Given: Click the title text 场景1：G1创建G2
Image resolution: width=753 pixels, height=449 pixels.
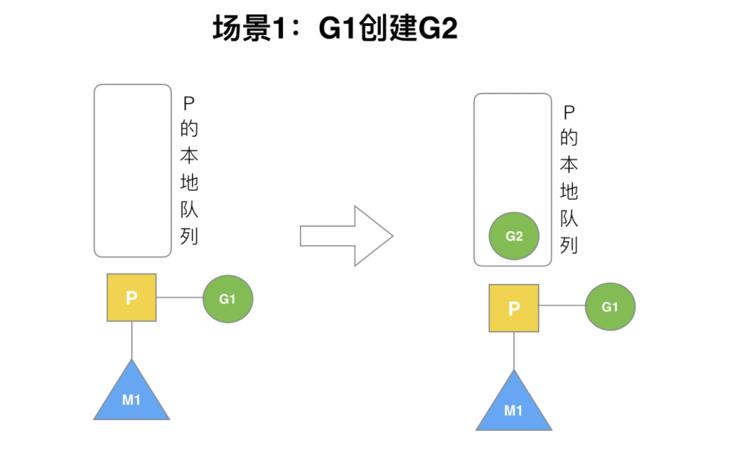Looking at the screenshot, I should pyautogui.click(x=335, y=30).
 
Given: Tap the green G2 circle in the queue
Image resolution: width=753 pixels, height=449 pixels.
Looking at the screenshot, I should pyautogui.click(x=514, y=236).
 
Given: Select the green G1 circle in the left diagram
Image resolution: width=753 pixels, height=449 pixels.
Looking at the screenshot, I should pyautogui.click(x=228, y=299).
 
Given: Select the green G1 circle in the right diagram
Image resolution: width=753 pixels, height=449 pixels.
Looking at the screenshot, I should pyautogui.click(x=610, y=307).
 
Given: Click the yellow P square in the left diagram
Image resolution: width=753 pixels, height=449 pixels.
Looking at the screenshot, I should pyautogui.click(x=131, y=298).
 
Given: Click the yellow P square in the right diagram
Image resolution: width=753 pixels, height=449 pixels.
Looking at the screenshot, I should pyautogui.click(x=513, y=308).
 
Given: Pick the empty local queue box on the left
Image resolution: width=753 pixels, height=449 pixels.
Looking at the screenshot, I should pyautogui.click(x=133, y=170).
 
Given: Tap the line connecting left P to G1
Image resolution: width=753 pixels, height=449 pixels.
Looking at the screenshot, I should pyautogui.click(x=179, y=298).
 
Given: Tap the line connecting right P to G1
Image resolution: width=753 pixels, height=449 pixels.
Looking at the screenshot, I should pyautogui.click(x=562, y=306).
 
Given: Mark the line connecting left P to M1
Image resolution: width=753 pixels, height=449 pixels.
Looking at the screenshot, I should pyautogui.click(x=131, y=340).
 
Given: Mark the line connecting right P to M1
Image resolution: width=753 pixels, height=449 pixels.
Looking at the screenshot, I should pyautogui.click(x=513, y=350).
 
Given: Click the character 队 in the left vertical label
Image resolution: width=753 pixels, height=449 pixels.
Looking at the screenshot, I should pyautogui.click(x=189, y=209).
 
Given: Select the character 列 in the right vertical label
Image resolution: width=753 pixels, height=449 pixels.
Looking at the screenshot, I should pyautogui.click(x=569, y=245).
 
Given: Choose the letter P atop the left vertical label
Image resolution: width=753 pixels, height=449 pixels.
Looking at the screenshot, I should pyautogui.click(x=188, y=103).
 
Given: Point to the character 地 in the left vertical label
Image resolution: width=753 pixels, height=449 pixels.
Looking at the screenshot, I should pyautogui.click(x=189, y=183).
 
